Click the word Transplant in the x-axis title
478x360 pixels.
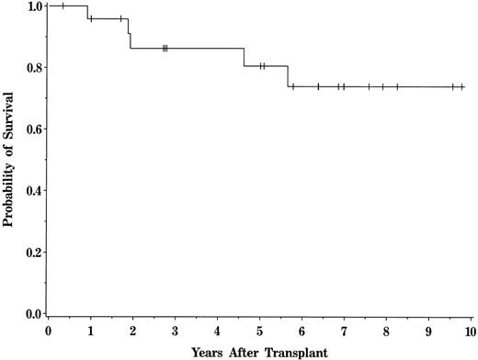click(x=294, y=352)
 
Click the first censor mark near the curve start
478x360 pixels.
click(x=63, y=6)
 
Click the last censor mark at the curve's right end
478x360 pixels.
click(x=461, y=87)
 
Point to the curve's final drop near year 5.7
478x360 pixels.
click(x=289, y=76)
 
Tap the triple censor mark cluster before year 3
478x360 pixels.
click(x=165, y=48)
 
